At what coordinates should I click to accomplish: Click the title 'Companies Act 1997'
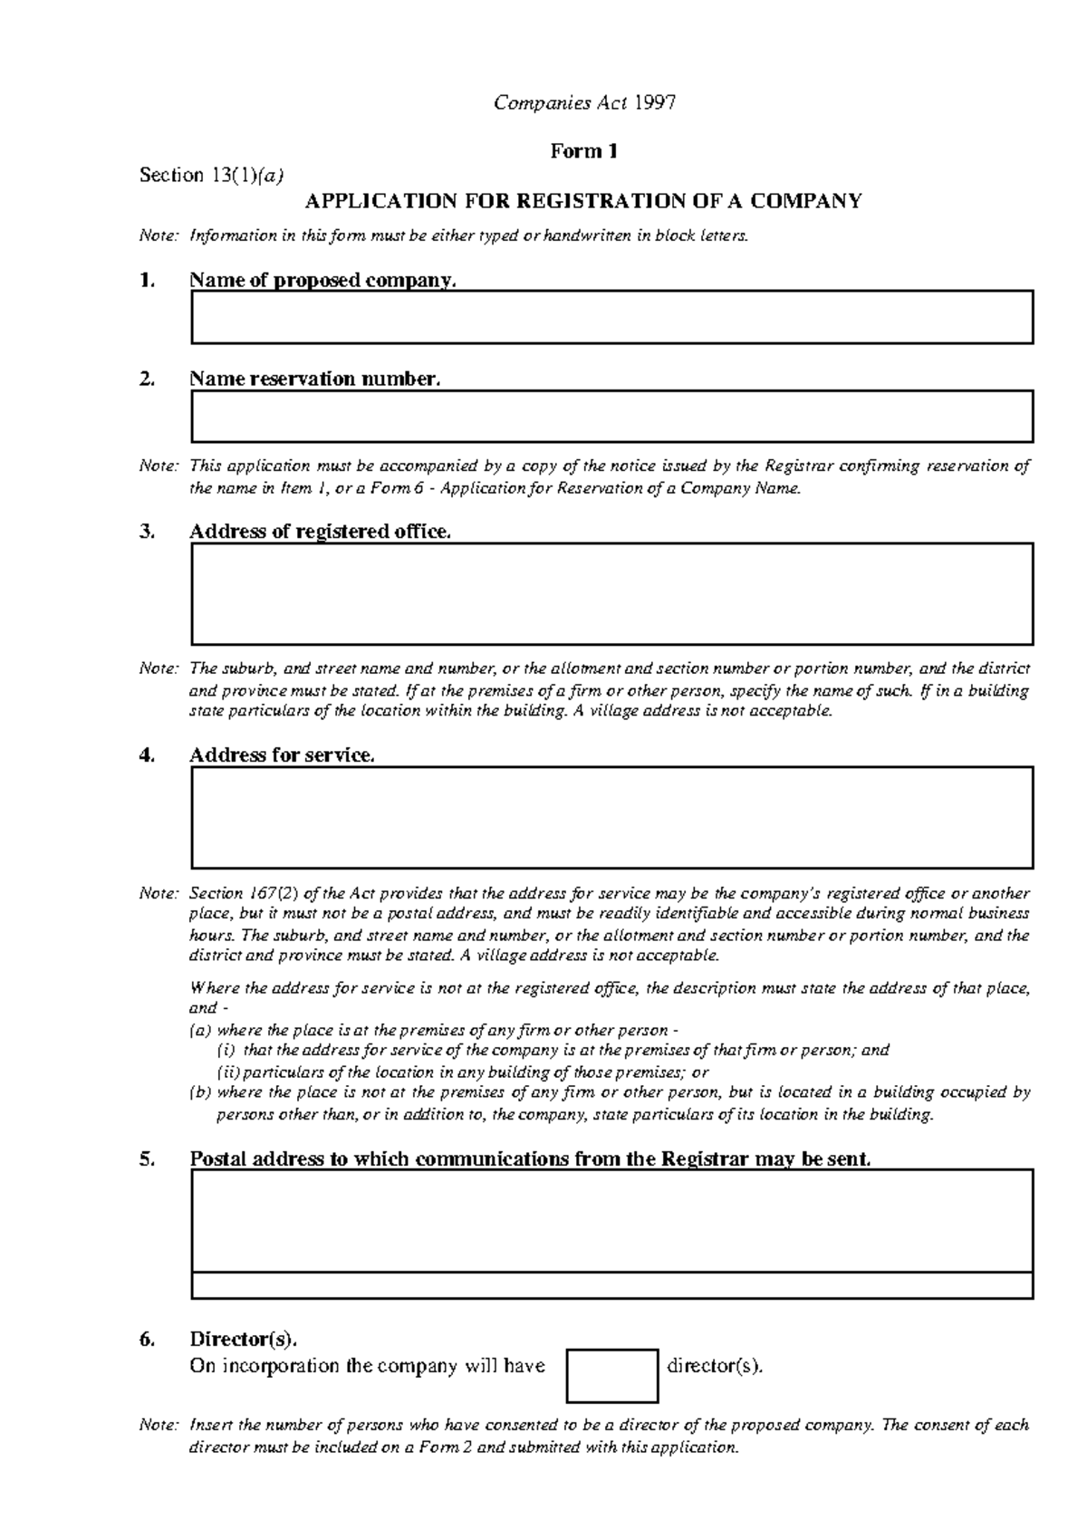tap(584, 102)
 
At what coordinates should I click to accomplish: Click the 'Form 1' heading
tap(584, 151)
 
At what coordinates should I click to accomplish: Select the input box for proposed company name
tap(611, 317)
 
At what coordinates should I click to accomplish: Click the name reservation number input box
tap(611, 416)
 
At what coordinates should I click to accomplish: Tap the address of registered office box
tap(611, 593)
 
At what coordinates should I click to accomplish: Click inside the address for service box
tap(611, 817)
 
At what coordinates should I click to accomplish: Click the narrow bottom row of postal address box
tap(611, 1285)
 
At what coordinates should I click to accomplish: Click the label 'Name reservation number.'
tap(314, 379)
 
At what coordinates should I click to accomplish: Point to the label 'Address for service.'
tap(281, 755)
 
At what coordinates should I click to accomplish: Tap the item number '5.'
tap(148, 1159)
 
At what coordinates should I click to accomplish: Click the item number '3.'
tap(148, 532)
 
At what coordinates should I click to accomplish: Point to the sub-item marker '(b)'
tap(199, 1092)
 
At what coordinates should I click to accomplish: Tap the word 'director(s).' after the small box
tap(715, 1366)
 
